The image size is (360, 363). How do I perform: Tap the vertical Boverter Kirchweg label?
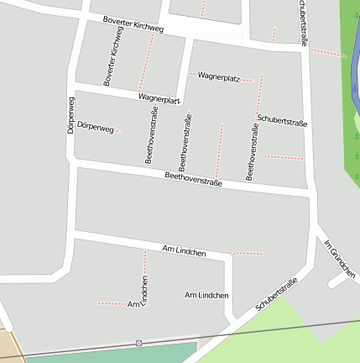pyautogui.click(x=112, y=55)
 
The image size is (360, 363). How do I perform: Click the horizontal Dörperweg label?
pyautogui.click(x=94, y=127)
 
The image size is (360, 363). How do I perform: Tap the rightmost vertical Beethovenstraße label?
pyautogui.click(x=251, y=152)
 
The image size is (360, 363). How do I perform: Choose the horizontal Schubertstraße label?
pyautogui.click(x=282, y=121)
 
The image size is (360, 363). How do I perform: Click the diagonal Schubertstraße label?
pyautogui.click(x=277, y=295)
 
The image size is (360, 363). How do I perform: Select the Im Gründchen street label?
pyautogui.click(x=341, y=259)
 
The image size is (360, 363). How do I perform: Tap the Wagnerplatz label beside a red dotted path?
pyautogui.click(x=218, y=77)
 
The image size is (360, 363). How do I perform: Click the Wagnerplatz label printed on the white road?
pyautogui.click(x=159, y=99)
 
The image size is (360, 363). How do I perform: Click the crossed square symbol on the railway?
pyautogui.click(x=138, y=343)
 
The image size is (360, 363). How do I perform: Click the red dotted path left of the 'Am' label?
pyautogui.click(x=111, y=302)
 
